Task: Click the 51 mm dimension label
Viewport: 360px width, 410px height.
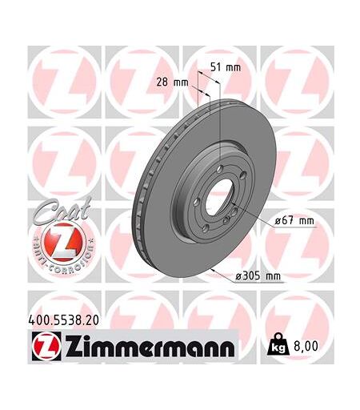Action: (226, 67)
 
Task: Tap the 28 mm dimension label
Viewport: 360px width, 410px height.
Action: (172, 82)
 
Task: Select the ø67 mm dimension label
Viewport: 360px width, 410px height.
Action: (294, 221)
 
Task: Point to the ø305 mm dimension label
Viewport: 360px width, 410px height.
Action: (258, 276)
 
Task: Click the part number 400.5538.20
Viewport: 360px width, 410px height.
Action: (63, 320)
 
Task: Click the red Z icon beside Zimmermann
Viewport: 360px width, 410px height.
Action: (46, 346)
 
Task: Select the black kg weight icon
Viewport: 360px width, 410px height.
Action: (278, 344)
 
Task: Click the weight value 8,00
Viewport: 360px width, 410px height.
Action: (306, 346)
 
